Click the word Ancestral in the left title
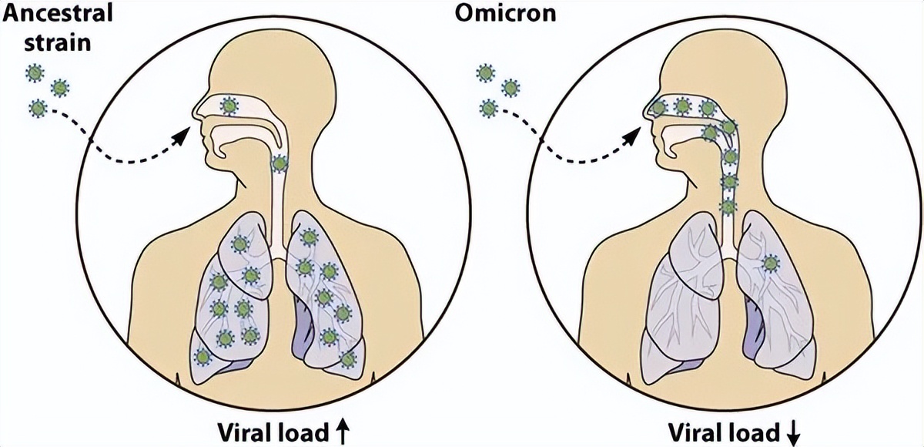point(49,14)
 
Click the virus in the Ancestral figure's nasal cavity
point(229,106)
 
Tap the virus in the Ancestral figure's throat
point(280,163)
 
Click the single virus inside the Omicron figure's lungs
point(768,264)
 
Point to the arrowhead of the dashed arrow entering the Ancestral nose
point(181,136)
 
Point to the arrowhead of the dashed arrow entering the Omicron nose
point(632,136)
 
